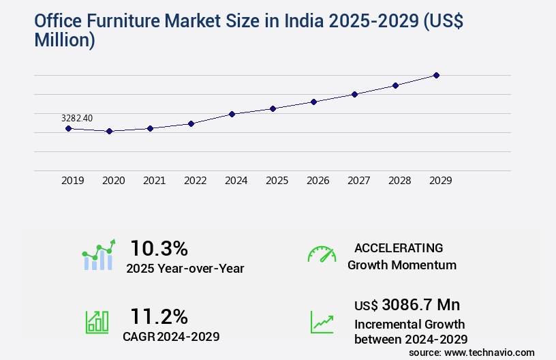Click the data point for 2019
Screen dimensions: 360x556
pyautogui.click(x=68, y=128)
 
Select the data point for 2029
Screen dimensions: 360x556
pyautogui.click(x=436, y=75)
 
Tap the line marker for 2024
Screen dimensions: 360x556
pyautogui.click(x=232, y=114)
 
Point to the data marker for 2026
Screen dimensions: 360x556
pyautogui.click(x=313, y=102)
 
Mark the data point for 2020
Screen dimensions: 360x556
pyautogui.click(x=109, y=131)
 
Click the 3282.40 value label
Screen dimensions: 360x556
pyautogui.click(x=77, y=119)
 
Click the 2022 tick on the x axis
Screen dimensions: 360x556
pyautogui.click(x=195, y=181)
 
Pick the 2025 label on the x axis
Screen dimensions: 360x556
pyautogui.click(x=277, y=181)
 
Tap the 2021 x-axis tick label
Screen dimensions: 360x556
pyautogui.click(x=154, y=181)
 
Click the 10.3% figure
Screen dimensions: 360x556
pyautogui.click(x=159, y=248)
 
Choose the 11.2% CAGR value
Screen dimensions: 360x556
pyautogui.click(x=159, y=316)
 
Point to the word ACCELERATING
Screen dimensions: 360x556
pyautogui.click(x=399, y=247)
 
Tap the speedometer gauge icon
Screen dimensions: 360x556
pyautogui.click(x=322, y=254)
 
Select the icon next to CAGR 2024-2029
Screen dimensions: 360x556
pyautogui.click(x=97, y=322)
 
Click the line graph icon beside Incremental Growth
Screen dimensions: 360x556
pyautogui.click(x=322, y=322)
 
